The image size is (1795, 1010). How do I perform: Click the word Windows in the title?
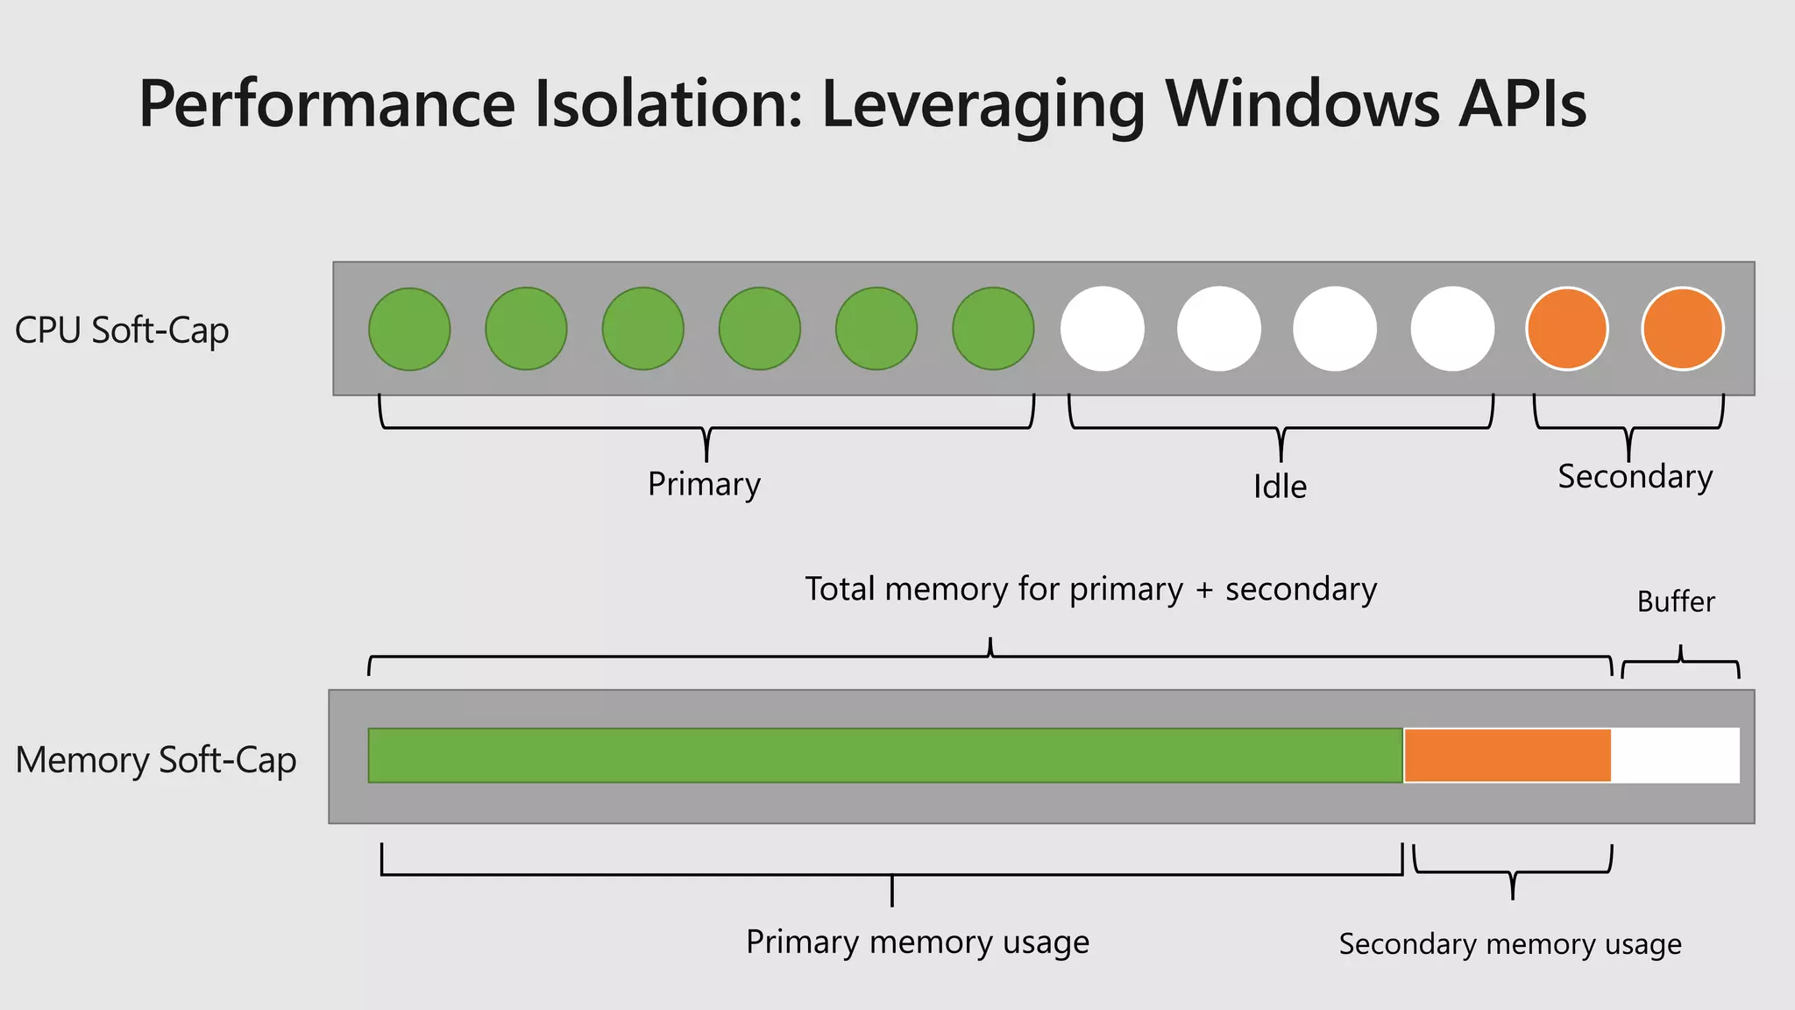tap(1302, 103)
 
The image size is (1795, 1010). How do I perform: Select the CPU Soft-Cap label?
tap(122, 331)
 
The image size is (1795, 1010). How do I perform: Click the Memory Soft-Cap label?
tap(156, 760)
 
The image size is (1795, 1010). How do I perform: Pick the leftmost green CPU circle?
tap(409, 329)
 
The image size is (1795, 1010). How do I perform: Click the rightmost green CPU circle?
tap(993, 329)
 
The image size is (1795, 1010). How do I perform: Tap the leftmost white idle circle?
tap(1103, 329)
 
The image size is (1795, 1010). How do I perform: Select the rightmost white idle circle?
tap(1452, 329)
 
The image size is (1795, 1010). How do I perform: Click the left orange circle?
tap(1567, 329)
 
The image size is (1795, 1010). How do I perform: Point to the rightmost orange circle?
tap(1683, 329)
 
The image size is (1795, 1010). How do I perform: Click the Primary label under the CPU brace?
tap(704, 485)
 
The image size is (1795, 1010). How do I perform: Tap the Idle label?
tap(1280, 487)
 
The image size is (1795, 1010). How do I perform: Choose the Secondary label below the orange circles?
tap(1635, 477)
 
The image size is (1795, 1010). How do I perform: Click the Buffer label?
tap(1676, 601)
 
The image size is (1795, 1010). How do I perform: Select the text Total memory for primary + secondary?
tap(1090, 589)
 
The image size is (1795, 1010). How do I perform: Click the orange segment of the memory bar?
tap(1508, 755)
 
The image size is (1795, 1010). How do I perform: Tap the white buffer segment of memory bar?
tap(1676, 755)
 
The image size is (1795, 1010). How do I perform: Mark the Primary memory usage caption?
tap(918, 942)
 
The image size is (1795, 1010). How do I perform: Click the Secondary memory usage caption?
tap(1510, 944)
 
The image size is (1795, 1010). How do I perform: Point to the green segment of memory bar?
tap(885, 755)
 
